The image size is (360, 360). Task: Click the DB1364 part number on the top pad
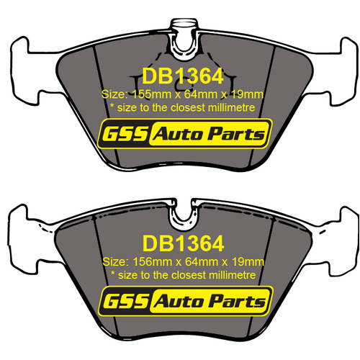[179, 76]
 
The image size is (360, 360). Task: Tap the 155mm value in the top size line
[141, 94]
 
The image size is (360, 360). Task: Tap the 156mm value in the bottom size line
[141, 261]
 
